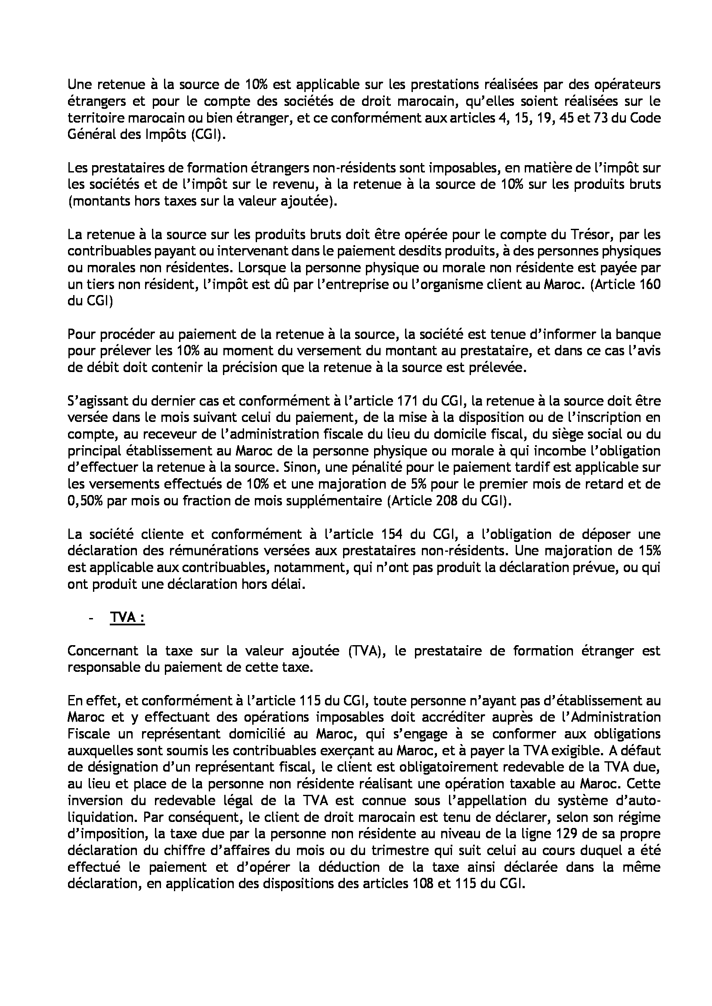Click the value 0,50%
85,501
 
